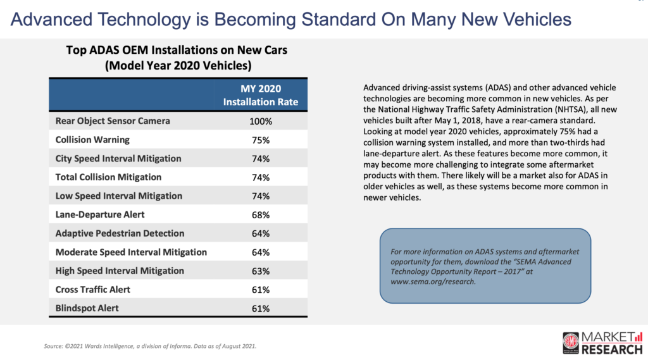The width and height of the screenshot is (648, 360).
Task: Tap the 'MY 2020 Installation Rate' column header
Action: (x=260, y=94)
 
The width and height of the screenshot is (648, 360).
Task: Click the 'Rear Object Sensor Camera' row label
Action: (x=113, y=121)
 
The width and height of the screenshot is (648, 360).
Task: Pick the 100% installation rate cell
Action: (x=260, y=121)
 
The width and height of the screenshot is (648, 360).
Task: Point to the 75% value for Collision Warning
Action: (x=260, y=140)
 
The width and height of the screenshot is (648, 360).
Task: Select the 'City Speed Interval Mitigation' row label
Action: (x=118, y=158)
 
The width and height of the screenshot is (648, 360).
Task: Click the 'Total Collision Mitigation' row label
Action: (x=108, y=177)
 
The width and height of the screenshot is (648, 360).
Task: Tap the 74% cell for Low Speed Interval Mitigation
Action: (x=260, y=196)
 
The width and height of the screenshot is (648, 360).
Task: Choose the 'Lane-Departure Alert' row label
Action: (x=100, y=214)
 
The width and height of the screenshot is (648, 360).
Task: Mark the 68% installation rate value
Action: (x=260, y=214)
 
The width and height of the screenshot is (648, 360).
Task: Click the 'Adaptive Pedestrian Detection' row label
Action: (x=120, y=233)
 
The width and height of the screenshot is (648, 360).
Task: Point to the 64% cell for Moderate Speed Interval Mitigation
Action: (x=260, y=252)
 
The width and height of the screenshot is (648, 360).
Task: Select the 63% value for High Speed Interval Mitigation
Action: (x=260, y=271)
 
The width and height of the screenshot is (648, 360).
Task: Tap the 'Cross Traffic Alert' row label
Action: (x=93, y=289)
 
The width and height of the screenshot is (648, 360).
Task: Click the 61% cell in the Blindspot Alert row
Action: (x=260, y=308)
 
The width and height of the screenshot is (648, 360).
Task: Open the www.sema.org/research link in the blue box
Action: (x=432, y=282)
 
